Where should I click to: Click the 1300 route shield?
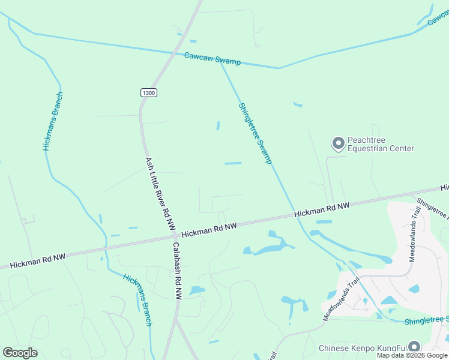tap(149, 92)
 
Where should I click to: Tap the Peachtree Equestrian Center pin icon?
tap(338, 143)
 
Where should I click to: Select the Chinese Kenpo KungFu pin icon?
tap(414, 347)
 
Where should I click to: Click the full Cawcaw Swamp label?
tap(212, 59)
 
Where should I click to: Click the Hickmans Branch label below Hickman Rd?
tap(138, 300)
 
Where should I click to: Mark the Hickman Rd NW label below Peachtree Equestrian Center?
tap(322, 209)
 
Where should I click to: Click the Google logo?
tap(20, 353)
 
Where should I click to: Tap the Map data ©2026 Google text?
tap(412, 355)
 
